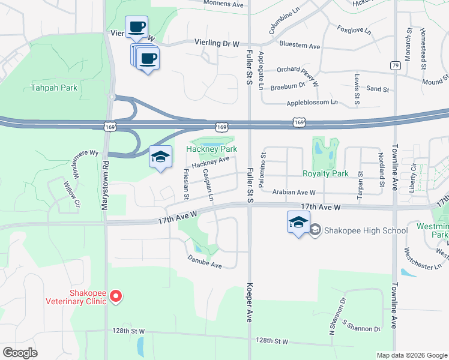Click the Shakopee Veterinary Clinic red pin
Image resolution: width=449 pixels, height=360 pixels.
(117, 296)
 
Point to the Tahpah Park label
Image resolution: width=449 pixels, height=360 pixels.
(54, 88)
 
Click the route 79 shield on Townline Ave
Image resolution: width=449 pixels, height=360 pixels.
(394, 65)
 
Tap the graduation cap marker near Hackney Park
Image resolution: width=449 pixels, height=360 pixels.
(160, 157)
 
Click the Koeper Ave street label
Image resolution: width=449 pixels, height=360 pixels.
(249, 303)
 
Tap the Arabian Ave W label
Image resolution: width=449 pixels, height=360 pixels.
(294, 193)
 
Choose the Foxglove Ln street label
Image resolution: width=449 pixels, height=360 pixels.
(354, 29)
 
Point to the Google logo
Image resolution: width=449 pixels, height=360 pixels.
(20, 353)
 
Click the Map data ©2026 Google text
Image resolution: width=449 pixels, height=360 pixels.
(411, 355)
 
